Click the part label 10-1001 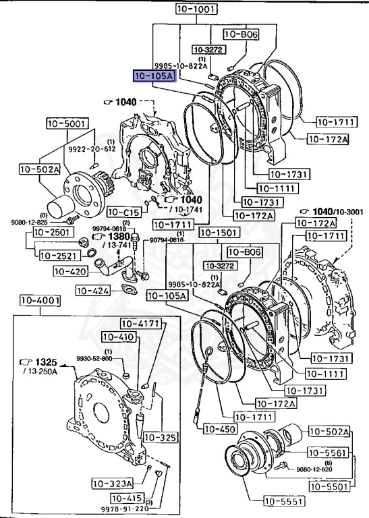(196, 9)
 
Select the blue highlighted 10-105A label (154, 77)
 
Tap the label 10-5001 (66, 123)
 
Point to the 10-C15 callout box (123, 212)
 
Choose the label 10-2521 (58, 256)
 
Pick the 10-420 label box (69, 271)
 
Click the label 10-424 (93, 291)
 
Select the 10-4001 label (40, 300)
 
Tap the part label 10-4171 (140, 324)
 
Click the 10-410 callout (118, 337)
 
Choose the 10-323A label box (113, 483)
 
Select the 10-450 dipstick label (218, 428)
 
